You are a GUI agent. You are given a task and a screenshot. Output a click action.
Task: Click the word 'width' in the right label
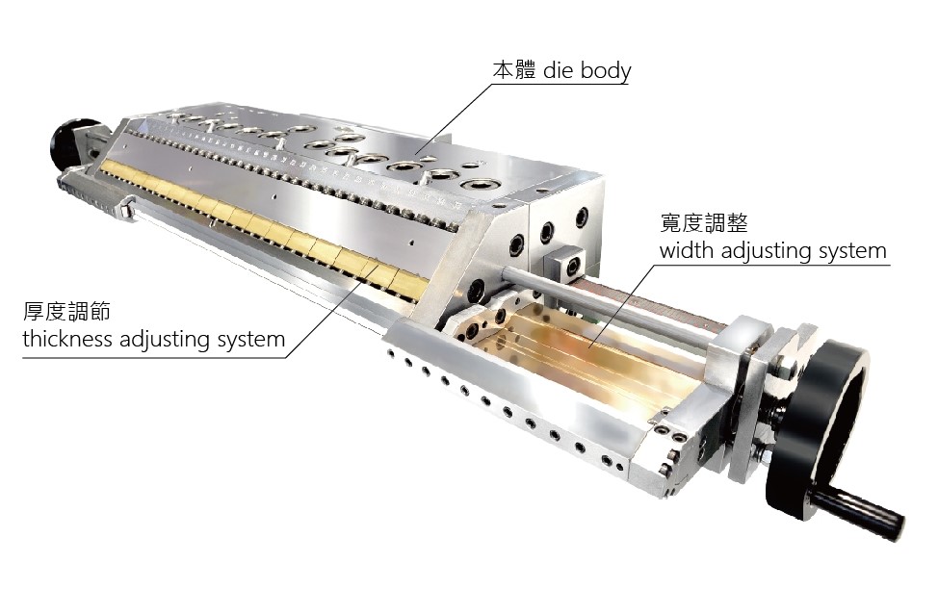[x=685, y=252]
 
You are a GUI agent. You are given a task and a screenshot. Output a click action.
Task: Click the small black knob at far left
[x=72, y=144]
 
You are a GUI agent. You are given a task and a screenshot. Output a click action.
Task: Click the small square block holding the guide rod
[x=570, y=261]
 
